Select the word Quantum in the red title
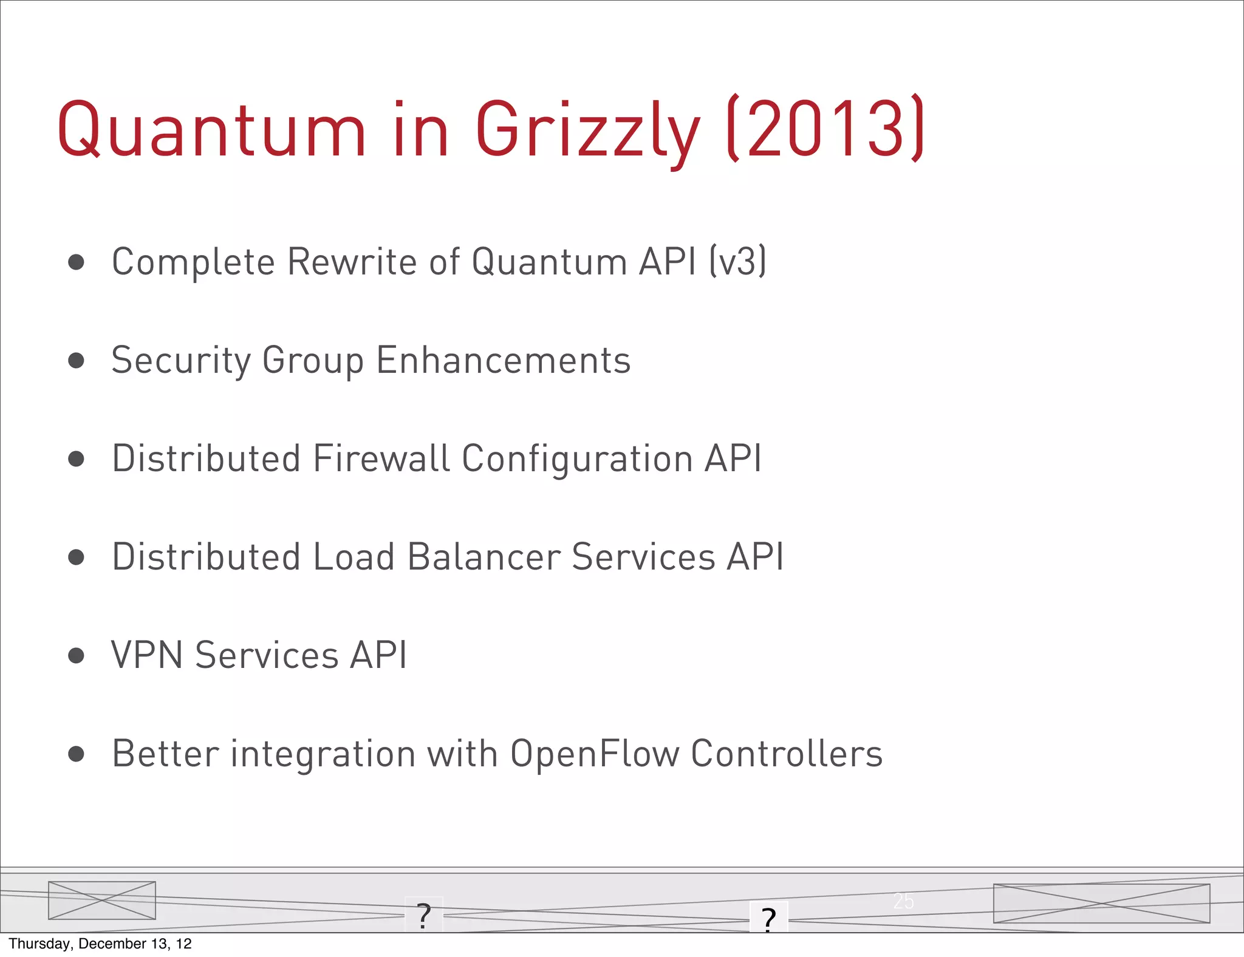click(x=211, y=130)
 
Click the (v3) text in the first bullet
click(x=738, y=262)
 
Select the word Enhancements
click(x=504, y=361)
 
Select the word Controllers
click(x=786, y=754)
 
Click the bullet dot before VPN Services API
click(x=76, y=656)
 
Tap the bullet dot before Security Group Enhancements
click(x=76, y=361)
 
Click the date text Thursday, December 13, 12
click(x=100, y=944)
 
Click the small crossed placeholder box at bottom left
click(x=102, y=901)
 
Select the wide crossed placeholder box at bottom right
click(x=1101, y=904)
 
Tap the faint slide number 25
click(x=903, y=901)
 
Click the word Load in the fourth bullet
click(x=354, y=557)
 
